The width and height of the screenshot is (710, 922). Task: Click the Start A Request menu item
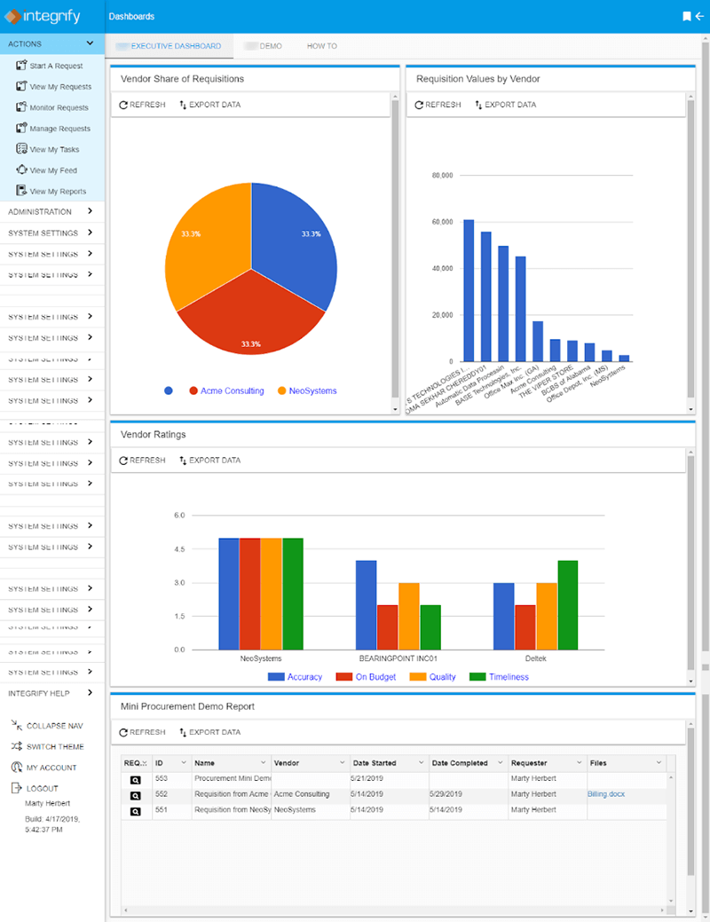[56, 66]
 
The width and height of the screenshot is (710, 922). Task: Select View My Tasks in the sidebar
[54, 150]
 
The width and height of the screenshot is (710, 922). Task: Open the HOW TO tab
[321, 46]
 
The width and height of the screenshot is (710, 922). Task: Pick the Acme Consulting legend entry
[232, 390]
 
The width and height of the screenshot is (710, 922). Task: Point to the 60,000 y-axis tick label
[441, 222]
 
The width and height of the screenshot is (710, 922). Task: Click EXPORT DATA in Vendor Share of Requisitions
[209, 105]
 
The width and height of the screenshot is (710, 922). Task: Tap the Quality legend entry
[435, 677]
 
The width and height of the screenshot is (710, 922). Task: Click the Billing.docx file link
[606, 794]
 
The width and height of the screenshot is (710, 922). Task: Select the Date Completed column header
[460, 763]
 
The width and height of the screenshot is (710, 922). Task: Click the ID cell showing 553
[162, 778]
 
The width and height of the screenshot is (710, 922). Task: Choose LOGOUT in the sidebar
[42, 788]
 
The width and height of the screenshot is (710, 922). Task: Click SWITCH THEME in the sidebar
[55, 746]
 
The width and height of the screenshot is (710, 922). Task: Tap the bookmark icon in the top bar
[685, 16]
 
